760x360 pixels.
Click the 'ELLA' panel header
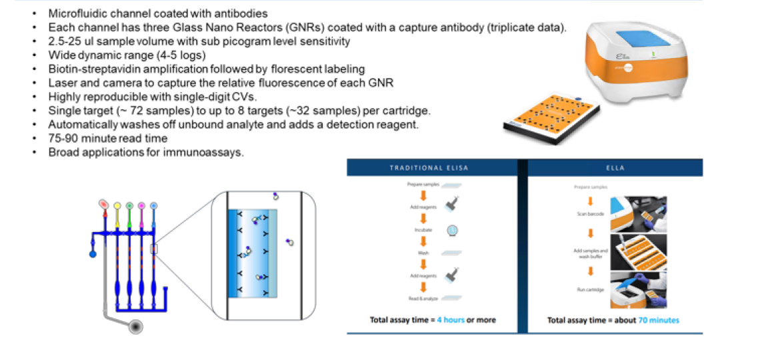click(x=615, y=167)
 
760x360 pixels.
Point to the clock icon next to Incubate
click(x=452, y=229)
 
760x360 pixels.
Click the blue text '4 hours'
click(x=451, y=320)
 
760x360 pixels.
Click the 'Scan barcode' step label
click(x=591, y=214)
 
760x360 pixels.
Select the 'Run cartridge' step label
click(x=590, y=289)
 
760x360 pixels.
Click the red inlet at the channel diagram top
click(x=103, y=203)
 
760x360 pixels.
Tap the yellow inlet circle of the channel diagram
click(x=117, y=205)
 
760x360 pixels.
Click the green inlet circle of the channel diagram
click(x=129, y=205)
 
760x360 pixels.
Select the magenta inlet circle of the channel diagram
click(x=141, y=205)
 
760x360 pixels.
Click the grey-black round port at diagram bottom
click(x=137, y=327)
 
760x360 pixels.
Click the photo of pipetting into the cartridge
click(x=639, y=251)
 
